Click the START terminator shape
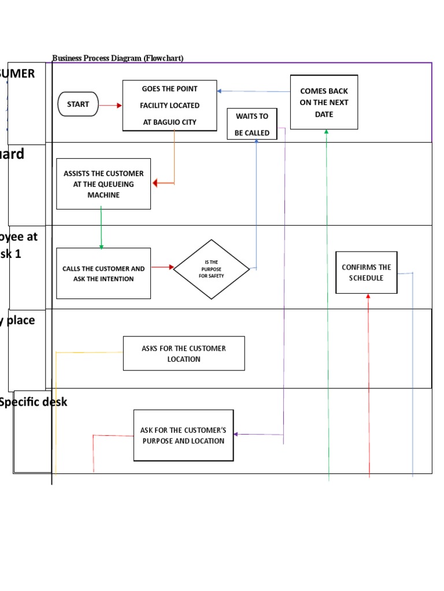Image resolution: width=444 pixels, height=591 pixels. (x=78, y=104)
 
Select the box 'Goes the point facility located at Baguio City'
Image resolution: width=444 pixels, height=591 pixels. (x=169, y=105)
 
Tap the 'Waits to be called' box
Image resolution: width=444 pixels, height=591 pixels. (x=251, y=124)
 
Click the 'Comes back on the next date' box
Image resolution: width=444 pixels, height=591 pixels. (x=324, y=102)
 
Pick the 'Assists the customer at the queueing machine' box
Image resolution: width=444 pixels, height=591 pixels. (x=103, y=184)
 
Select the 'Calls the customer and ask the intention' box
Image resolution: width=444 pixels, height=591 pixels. (x=103, y=274)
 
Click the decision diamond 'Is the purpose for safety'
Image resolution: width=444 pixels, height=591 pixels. (x=212, y=270)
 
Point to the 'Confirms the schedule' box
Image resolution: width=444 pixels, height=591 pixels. (x=366, y=272)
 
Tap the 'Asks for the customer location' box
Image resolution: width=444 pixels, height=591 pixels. (x=184, y=353)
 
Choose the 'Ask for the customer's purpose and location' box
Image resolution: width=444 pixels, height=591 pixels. (x=183, y=435)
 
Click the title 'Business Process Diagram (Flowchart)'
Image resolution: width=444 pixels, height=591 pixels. (x=118, y=58)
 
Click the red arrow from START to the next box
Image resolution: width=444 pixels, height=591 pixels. (x=110, y=105)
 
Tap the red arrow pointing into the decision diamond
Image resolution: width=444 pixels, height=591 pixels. (x=162, y=267)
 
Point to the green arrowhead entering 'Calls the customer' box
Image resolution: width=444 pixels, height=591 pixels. (x=101, y=246)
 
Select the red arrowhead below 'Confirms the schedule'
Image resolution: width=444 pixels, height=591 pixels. (x=368, y=297)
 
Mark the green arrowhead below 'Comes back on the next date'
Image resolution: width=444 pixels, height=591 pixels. (x=327, y=132)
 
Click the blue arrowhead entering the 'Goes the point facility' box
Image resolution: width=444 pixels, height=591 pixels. (x=220, y=91)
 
